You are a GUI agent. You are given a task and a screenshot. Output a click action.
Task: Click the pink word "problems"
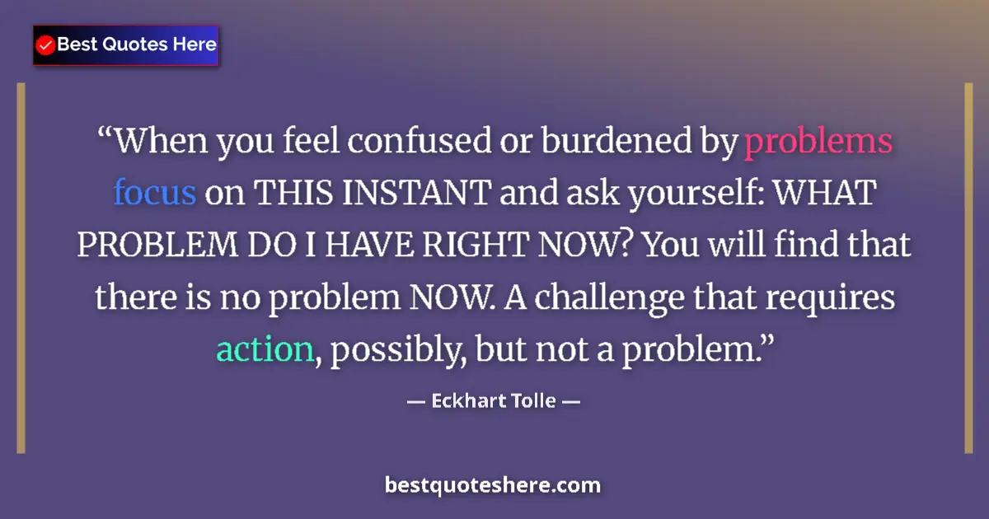[x=818, y=143]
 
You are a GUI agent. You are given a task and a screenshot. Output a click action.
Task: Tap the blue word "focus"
[x=154, y=194]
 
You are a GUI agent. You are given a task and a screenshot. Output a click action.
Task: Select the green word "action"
[x=265, y=350]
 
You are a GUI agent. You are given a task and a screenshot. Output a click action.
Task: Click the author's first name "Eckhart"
[x=463, y=404]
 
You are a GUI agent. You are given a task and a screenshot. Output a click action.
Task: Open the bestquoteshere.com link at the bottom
[x=493, y=485]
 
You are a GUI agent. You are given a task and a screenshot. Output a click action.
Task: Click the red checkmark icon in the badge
[x=46, y=45]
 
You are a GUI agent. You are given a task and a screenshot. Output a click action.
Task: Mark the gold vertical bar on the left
[x=21, y=268]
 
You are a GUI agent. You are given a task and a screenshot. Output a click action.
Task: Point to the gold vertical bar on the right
[x=969, y=268]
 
